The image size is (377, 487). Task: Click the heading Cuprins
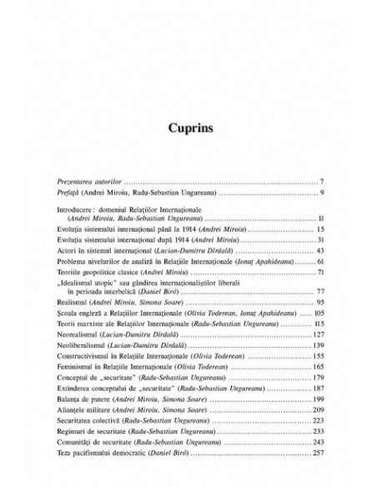point(188,130)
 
